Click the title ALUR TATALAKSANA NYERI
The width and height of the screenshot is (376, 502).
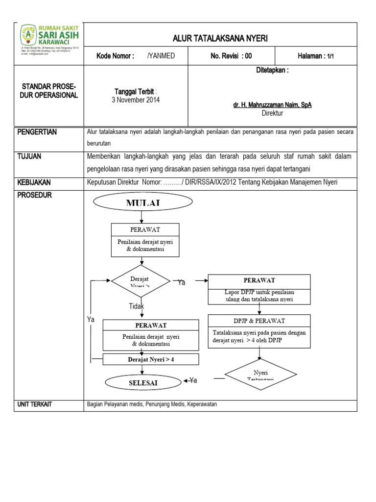[220, 39]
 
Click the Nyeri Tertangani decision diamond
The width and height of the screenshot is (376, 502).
[258, 376]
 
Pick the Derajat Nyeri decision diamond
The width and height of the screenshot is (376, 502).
[141, 282]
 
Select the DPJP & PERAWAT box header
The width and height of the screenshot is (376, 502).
[259, 321]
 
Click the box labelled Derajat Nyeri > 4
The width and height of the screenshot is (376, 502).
[151, 359]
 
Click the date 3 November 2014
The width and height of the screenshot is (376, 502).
[136, 100]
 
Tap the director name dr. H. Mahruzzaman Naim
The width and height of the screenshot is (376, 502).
[272, 105]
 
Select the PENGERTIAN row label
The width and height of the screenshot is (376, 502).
[37, 132]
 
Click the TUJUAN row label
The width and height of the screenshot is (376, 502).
[29, 156]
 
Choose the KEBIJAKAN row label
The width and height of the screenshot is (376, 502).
[34, 182]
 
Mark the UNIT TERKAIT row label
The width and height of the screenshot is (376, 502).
[35, 404]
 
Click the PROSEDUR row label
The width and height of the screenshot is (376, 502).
[34, 195]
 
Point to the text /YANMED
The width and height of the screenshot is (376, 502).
[161, 56]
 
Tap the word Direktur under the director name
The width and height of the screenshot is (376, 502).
[272, 113]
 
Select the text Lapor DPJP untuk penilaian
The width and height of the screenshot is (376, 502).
[259, 292]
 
